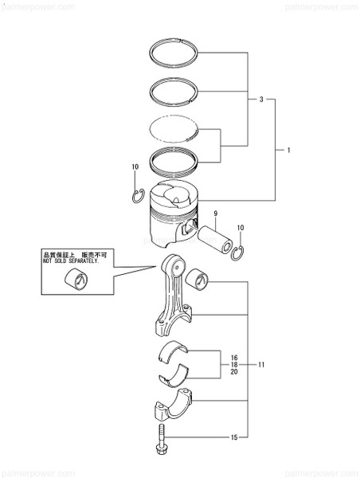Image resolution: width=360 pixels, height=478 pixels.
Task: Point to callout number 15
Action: click(234, 437)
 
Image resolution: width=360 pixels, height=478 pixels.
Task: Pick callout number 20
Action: click(233, 372)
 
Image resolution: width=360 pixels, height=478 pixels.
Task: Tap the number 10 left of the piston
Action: click(135, 167)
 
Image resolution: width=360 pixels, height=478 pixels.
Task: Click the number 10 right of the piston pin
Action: click(241, 229)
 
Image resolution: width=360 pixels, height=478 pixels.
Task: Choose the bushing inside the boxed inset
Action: click(80, 280)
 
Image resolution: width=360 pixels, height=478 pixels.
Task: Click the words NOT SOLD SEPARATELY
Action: click(69, 261)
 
